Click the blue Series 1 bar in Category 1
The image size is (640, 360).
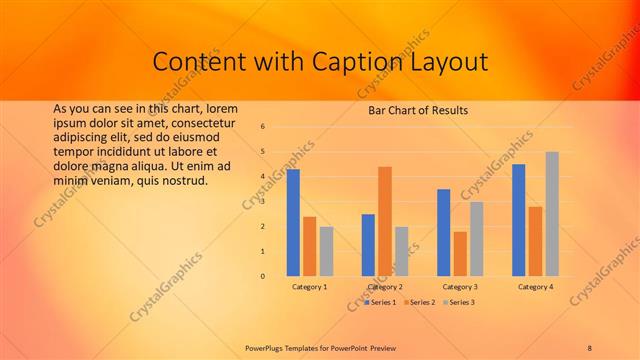293,222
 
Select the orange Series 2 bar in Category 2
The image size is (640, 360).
385,221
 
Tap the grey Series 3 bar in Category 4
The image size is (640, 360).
551,214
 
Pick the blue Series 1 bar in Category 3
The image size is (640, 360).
444,232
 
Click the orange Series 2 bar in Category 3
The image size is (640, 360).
460,254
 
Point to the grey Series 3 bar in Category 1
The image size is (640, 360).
326,251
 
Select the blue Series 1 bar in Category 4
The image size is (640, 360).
519,220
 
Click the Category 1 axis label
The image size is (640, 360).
309,287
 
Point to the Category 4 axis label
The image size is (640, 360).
535,287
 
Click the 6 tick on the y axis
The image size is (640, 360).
262,127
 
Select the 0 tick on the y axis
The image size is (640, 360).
262,276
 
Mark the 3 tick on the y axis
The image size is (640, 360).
262,202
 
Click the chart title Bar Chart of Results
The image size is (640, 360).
412,110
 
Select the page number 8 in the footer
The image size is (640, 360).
589,347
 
